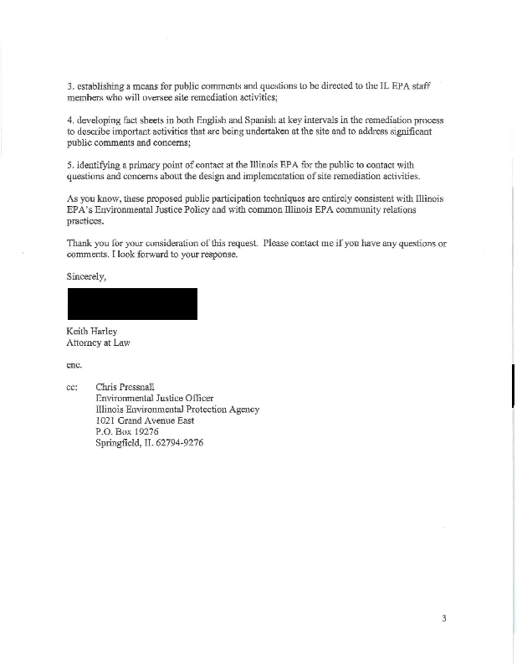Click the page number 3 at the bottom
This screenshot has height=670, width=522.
pyautogui.click(x=444, y=619)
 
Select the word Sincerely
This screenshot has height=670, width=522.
pyautogui.click(x=87, y=276)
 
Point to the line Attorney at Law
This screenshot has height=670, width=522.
pyautogui.click(x=98, y=343)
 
